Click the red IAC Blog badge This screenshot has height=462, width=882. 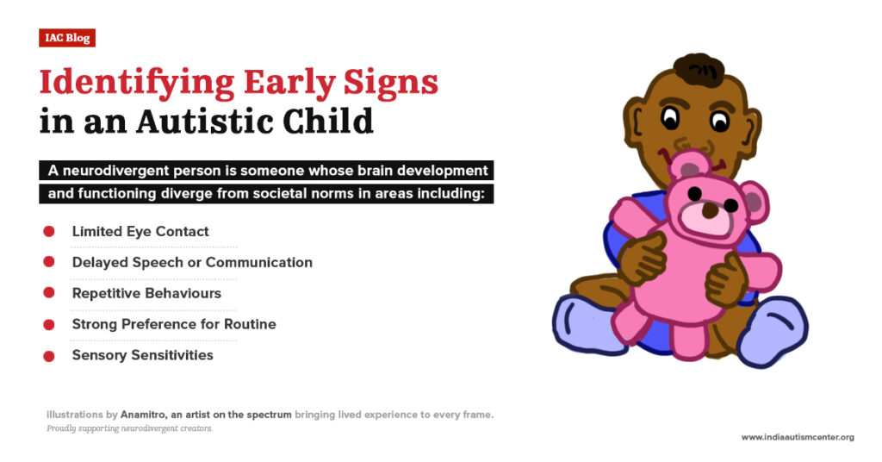(67, 38)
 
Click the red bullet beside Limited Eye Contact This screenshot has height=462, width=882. (49, 231)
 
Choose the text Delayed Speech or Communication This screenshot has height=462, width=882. (192, 262)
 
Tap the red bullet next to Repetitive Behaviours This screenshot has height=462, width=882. (49, 293)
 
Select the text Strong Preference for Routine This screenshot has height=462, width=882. (174, 324)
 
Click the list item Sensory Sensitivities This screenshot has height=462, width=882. (142, 355)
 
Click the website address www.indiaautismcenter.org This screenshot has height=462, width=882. (798, 437)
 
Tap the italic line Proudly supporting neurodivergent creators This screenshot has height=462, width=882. (129, 428)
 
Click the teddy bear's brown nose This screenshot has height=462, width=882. (711, 210)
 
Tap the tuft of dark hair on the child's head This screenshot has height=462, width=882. (699, 69)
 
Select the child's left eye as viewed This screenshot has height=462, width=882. (669, 117)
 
